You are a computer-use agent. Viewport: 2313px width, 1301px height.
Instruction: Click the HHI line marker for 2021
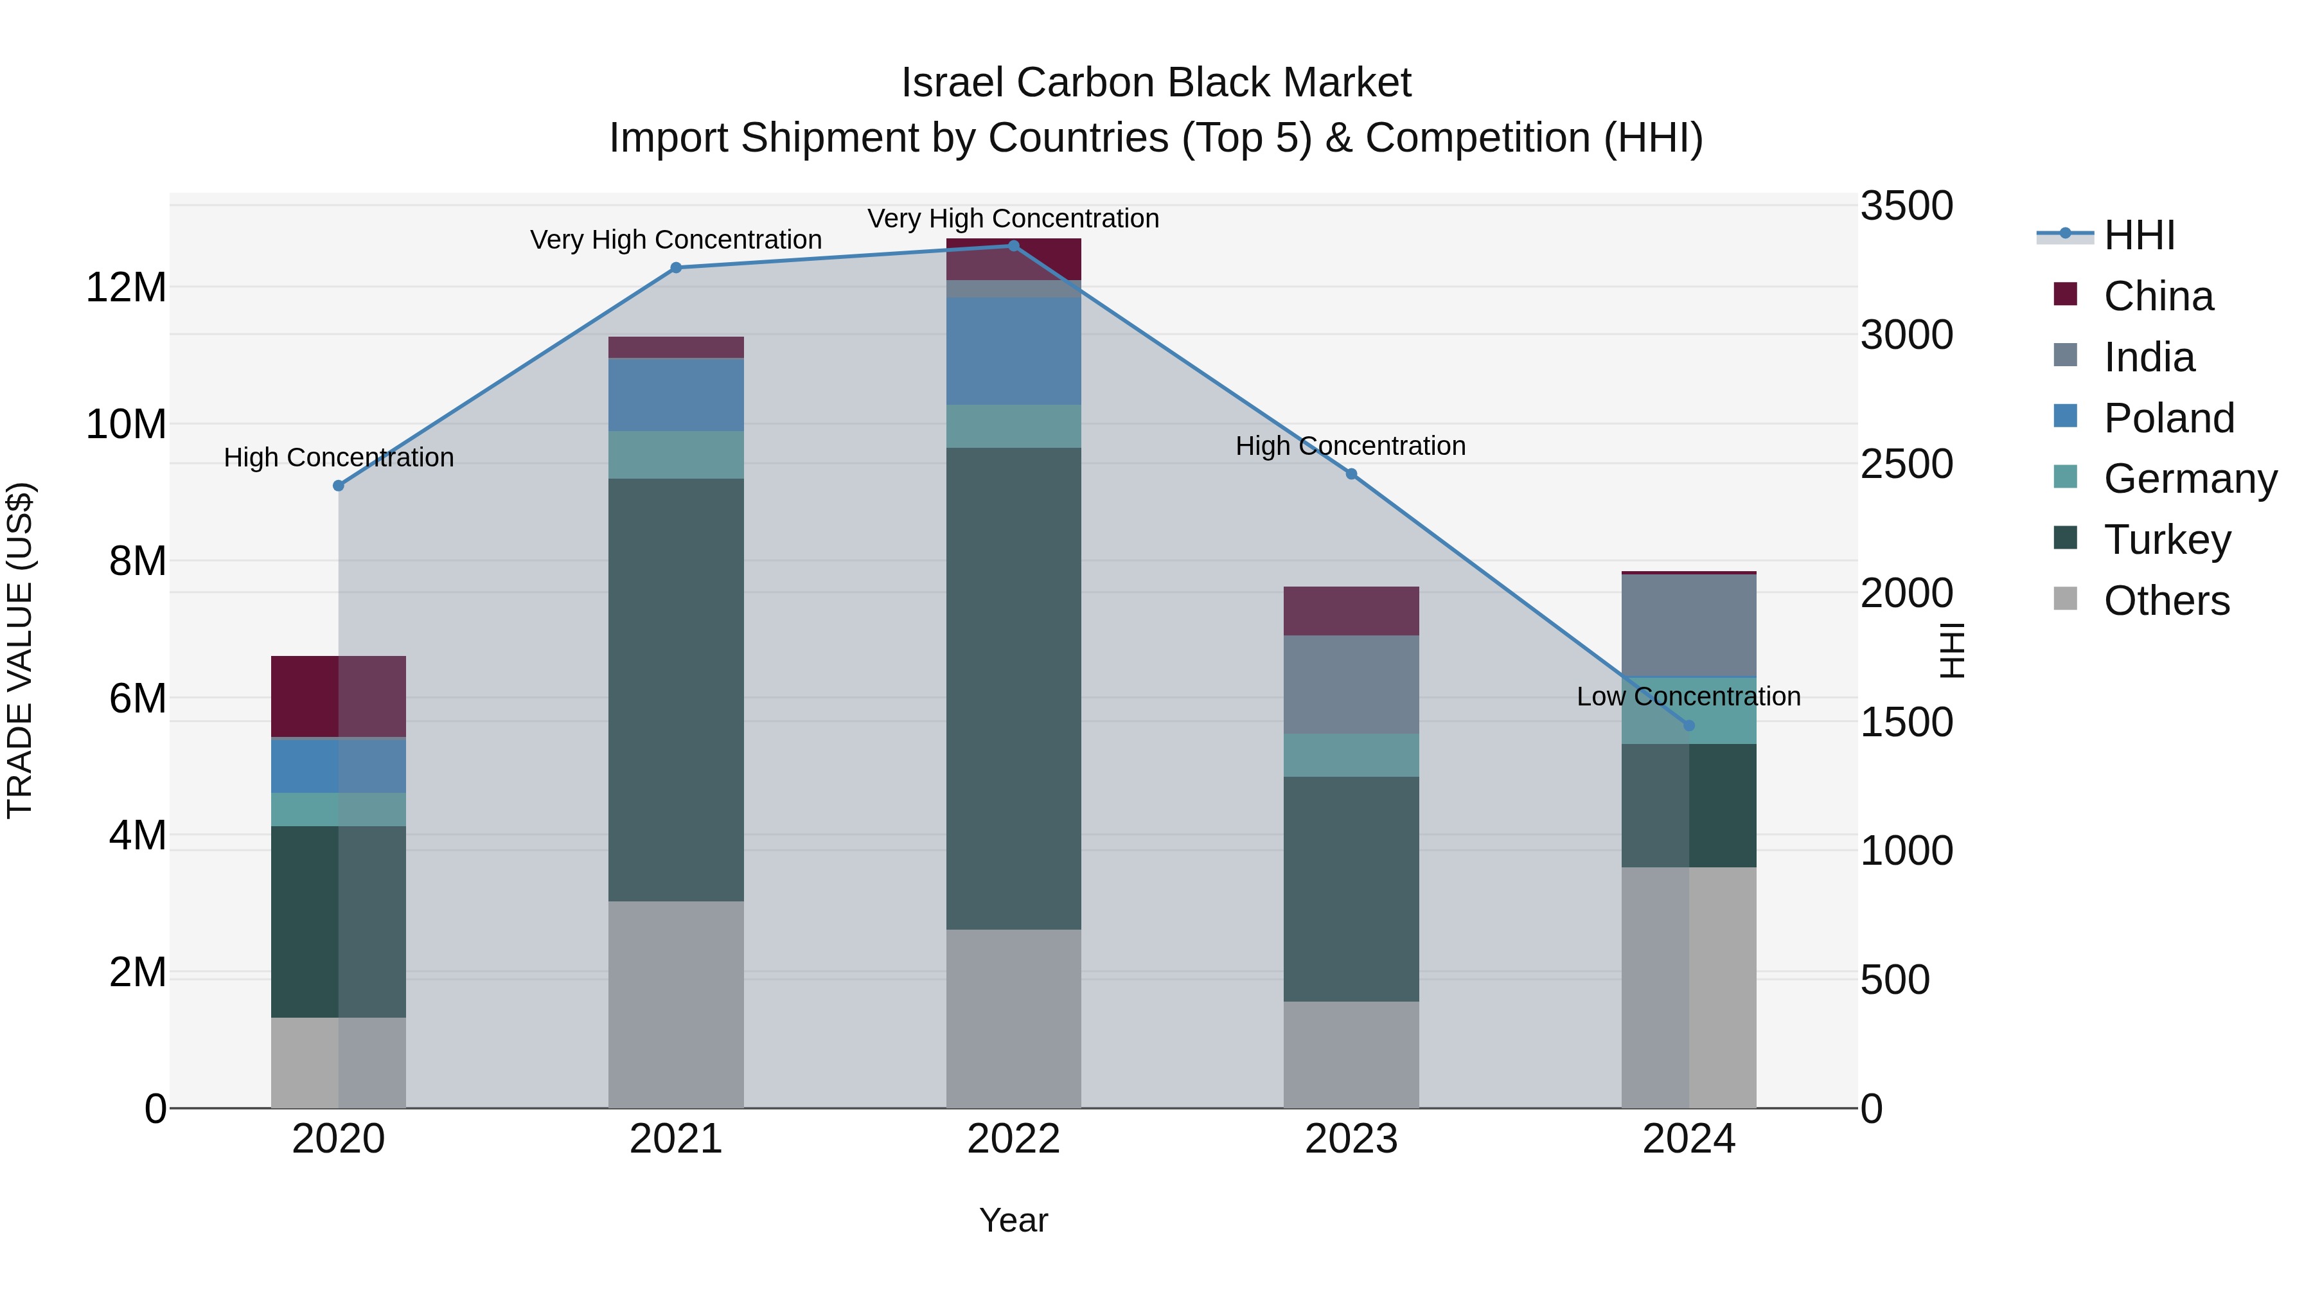[x=676, y=267]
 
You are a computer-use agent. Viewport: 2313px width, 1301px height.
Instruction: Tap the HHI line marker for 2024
[x=1689, y=725]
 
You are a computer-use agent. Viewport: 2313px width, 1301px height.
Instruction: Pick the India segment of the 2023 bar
[x=1351, y=684]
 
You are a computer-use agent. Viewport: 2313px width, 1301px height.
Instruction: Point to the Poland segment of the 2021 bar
[x=676, y=394]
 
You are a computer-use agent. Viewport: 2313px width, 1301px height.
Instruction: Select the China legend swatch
[x=2065, y=294]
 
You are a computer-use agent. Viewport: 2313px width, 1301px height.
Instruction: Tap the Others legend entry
[x=2166, y=601]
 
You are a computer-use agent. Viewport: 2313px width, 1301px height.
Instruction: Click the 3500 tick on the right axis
[x=1906, y=206]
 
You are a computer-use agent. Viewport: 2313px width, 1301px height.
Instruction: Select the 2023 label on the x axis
[x=1351, y=1139]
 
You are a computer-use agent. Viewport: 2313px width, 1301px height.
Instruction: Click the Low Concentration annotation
[x=1688, y=696]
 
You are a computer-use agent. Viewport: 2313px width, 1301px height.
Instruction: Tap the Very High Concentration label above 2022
[x=1013, y=218]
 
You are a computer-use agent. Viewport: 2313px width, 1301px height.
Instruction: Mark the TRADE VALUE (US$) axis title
[x=20, y=650]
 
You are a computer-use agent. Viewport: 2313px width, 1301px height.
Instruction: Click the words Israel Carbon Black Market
[x=1156, y=83]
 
